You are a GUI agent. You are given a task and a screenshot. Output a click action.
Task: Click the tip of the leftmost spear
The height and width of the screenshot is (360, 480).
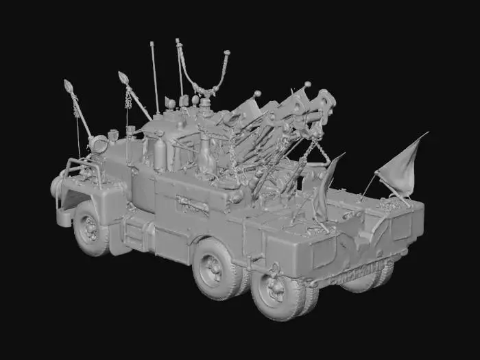tap(69, 86)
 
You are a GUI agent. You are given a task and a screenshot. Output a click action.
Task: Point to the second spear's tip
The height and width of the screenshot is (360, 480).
tap(123, 77)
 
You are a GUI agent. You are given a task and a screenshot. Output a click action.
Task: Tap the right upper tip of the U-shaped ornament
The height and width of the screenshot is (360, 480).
tap(226, 54)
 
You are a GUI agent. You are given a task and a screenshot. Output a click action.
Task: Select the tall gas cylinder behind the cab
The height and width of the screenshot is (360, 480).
tap(160, 152)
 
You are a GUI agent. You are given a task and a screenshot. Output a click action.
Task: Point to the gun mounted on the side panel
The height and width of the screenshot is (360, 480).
tap(193, 204)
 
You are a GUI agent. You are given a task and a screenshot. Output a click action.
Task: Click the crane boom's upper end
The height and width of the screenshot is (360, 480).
tap(322, 103)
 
